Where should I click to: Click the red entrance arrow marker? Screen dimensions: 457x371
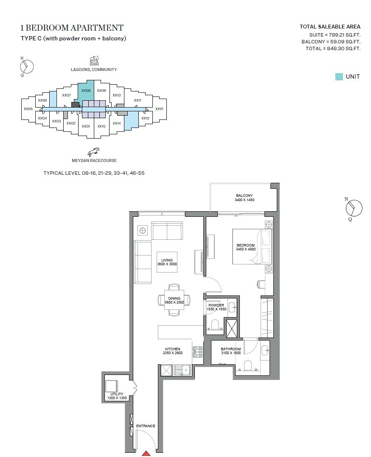[146, 454]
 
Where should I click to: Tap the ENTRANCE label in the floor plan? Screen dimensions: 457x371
[146, 426]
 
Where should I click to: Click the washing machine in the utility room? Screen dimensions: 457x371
[112, 385]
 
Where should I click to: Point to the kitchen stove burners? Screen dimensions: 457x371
[197, 352]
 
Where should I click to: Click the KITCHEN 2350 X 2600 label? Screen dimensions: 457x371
[172, 351]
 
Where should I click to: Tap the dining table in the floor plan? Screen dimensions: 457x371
[174, 300]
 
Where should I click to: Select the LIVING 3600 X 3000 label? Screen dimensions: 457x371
[166, 262]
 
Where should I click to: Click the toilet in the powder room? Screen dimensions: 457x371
[214, 325]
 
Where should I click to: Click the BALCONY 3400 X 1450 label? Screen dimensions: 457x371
[244, 197]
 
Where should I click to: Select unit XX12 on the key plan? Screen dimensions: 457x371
[159, 109]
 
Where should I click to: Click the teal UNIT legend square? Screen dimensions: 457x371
[339, 77]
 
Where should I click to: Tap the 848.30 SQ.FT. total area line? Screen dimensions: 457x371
[333, 49]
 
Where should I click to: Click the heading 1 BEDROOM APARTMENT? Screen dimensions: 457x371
[72, 28]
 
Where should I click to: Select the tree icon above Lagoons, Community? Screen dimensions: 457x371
[94, 60]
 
